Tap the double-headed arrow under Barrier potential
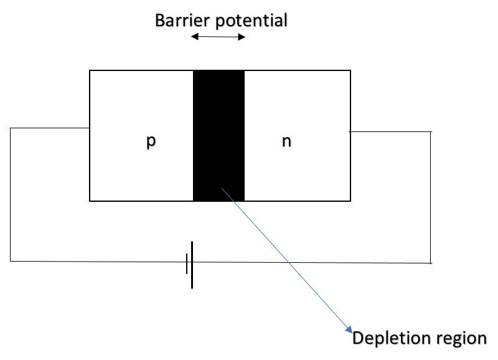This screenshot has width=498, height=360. [x=218, y=37]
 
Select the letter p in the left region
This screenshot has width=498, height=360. [x=151, y=141]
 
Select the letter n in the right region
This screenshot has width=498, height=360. [x=286, y=141]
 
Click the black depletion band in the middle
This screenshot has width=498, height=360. [x=218, y=125]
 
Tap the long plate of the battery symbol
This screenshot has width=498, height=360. [x=192, y=265]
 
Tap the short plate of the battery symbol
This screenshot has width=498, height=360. [x=186, y=264]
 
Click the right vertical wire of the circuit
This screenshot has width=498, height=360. [x=431, y=197]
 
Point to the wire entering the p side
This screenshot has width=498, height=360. [x=50, y=128]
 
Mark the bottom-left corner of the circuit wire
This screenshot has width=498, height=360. [x=11, y=260]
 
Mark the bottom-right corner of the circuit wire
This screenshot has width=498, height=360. [x=431, y=263]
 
